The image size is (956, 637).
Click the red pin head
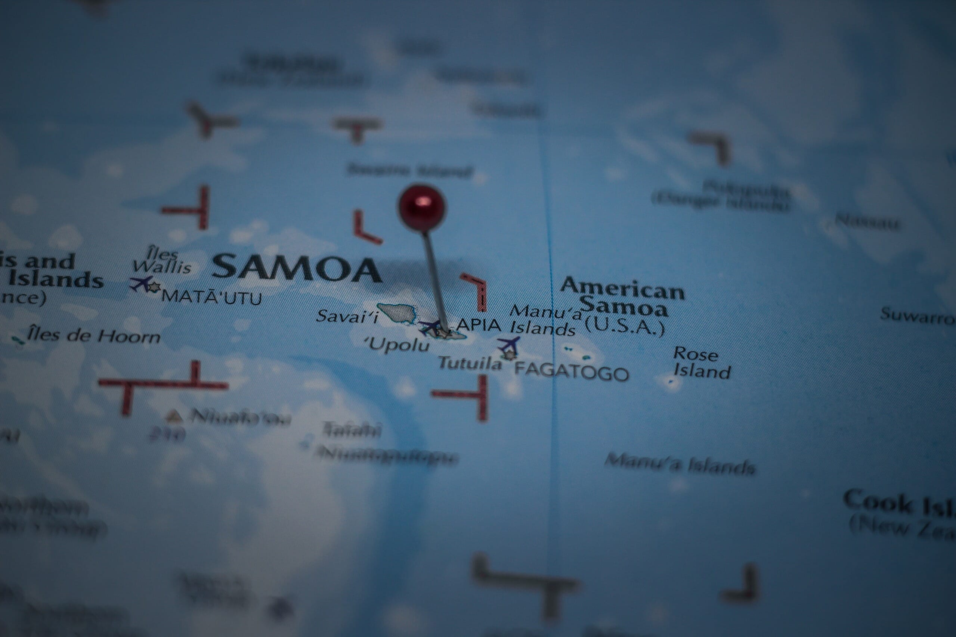[422, 207]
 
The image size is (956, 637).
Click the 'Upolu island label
[398, 345]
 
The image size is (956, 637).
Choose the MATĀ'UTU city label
[211, 297]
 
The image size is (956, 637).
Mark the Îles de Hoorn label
[93, 336]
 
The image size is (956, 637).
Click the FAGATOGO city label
[572, 372]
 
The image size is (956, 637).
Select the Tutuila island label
[470, 363]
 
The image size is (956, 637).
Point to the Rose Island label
[702, 363]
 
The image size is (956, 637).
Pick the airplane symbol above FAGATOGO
[509, 345]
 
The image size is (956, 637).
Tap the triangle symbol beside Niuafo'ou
[174, 416]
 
